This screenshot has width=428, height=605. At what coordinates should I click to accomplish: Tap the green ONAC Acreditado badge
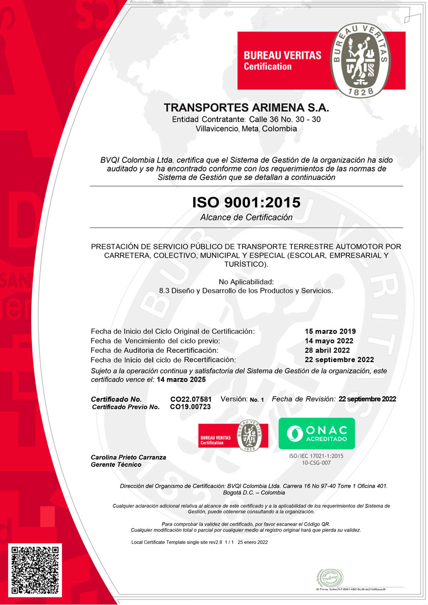tap(317, 434)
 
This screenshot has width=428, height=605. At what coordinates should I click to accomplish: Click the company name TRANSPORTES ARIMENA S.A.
tap(246, 108)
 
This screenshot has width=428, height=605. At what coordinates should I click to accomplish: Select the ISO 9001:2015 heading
tap(246, 203)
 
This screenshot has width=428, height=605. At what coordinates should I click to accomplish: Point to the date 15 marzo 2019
tap(331, 331)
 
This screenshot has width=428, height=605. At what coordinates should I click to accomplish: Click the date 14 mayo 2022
tap(329, 341)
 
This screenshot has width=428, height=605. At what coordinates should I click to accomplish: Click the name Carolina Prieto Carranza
tap(128, 457)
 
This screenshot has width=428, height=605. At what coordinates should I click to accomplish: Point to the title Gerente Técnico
tap(116, 465)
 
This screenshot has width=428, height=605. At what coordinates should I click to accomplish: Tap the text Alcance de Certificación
tap(246, 218)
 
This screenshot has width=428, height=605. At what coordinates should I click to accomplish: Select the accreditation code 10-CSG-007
tap(316, 463)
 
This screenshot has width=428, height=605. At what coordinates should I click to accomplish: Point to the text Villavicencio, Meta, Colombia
tap(246, 129)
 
